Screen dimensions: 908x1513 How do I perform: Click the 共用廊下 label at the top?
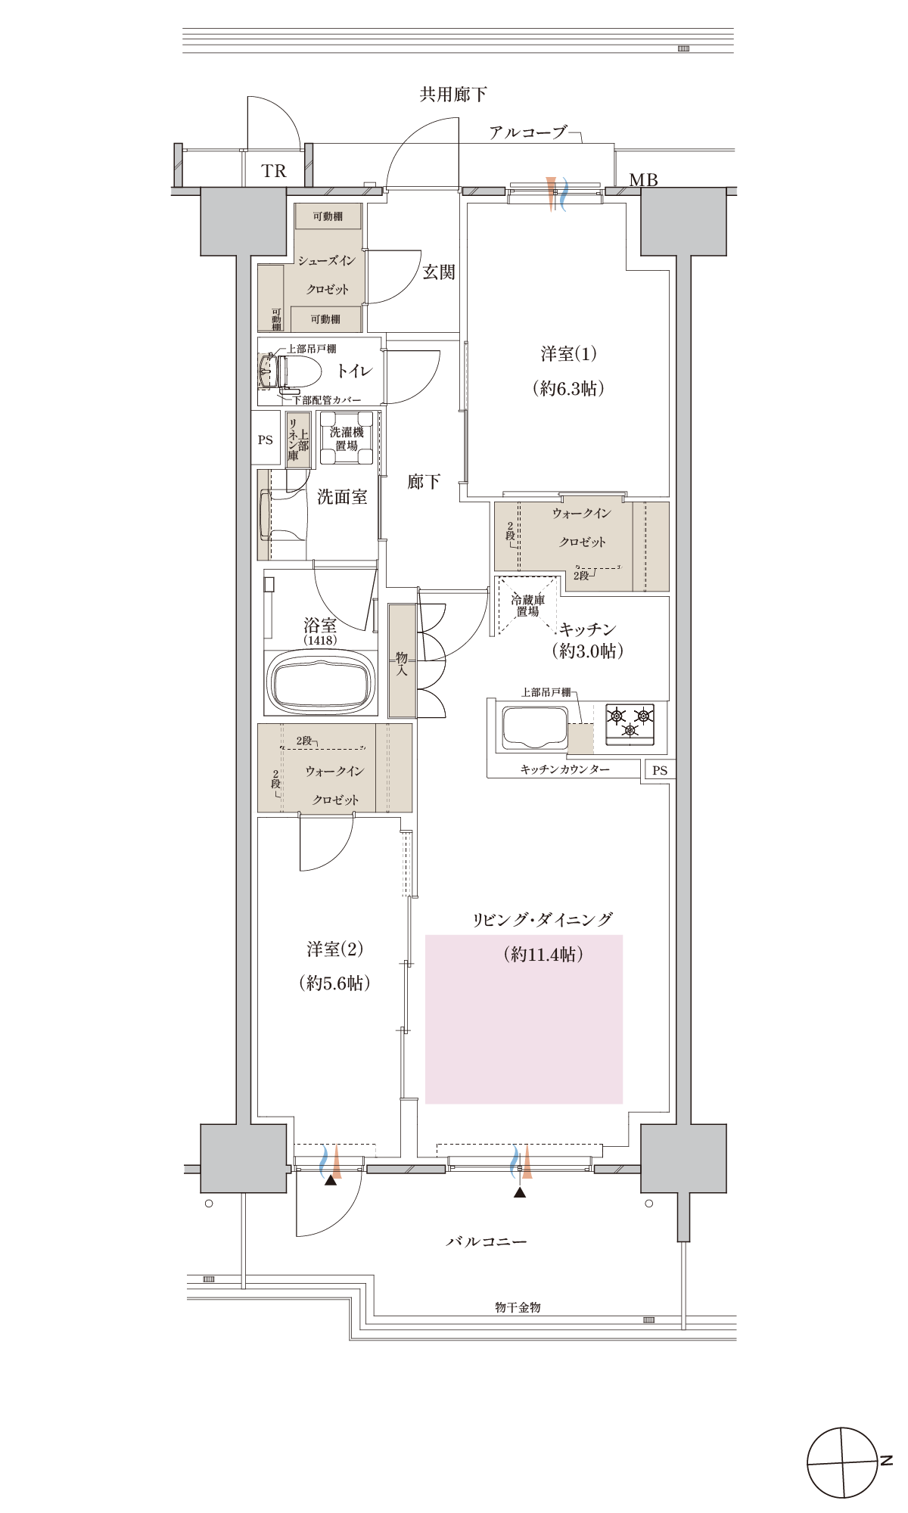453,95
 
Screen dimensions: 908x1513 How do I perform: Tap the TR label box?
274,171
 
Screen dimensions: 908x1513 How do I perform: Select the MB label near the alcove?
643,180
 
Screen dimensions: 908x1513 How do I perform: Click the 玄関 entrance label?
438,272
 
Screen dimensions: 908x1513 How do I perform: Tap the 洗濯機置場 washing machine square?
347,439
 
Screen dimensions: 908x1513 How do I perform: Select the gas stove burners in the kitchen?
630,721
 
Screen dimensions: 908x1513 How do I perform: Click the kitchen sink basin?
535,728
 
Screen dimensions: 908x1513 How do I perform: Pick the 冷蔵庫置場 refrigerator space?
528,606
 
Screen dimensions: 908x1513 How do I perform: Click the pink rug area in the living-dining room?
524,1019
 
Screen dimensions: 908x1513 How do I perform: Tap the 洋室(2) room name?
334,949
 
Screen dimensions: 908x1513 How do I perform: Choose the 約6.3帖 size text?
568,389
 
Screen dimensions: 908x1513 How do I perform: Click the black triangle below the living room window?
519,1193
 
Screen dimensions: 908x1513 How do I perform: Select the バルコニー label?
486,1241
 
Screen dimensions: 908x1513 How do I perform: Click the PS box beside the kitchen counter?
660,770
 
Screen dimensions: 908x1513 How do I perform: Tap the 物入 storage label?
402,663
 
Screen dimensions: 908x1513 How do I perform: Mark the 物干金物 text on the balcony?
518,1307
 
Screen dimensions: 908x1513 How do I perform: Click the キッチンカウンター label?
565,769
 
